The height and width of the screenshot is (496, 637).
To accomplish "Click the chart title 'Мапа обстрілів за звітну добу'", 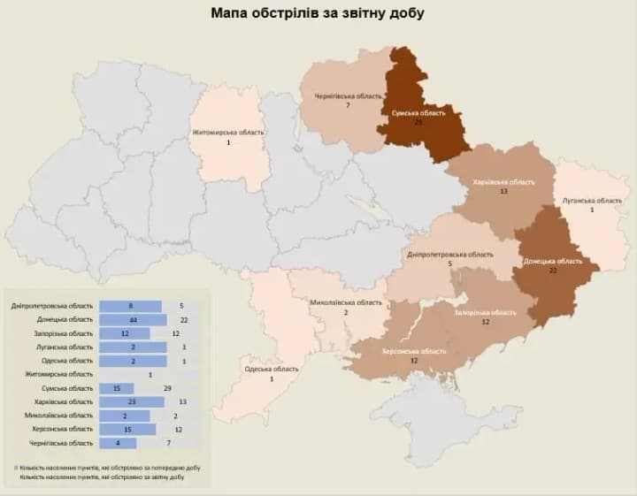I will (x=318, y=13).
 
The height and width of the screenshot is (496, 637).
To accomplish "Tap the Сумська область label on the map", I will (x=418, y=113).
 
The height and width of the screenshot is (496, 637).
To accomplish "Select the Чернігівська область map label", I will (x=348, y=95).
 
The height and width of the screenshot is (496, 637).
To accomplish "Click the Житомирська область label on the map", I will (x=228, y=133).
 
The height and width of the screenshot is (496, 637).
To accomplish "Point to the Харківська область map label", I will (x=503, y=181).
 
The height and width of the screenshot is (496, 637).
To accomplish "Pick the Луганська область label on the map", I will (x=592, y=201).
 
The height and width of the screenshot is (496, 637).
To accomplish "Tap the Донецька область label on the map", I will (x=552, y=261).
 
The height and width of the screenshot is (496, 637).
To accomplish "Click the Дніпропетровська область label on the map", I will (x=449, y=254).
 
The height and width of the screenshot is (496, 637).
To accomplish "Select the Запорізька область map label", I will (x=485, y=312).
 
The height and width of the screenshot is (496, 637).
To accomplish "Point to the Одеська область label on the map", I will (x=272, y=369).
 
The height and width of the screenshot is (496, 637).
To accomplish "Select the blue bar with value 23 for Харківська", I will (x=131, y=401).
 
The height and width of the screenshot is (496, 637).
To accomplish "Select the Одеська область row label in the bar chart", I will (x=67, y=361).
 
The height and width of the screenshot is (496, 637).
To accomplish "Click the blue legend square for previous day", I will (x=18, y=466).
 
